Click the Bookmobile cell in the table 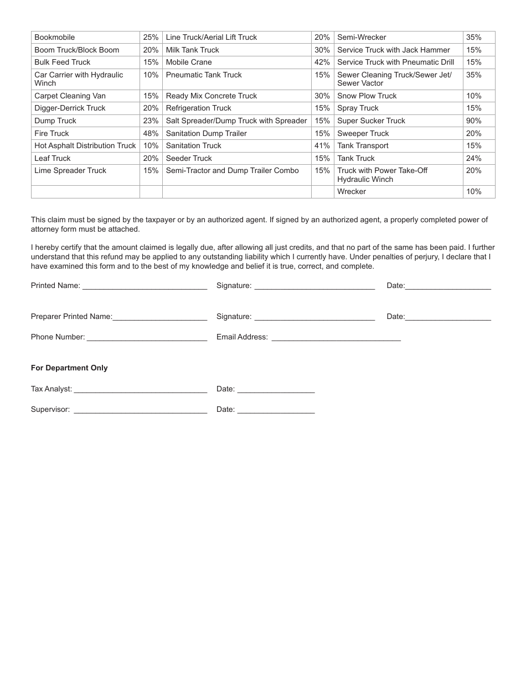[x=55, y=38]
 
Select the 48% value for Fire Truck [x=151, y=133]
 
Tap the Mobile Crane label [x=189, y=62]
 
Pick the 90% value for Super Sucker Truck [x=473, y=121]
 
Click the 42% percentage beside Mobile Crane [x=322, y=62]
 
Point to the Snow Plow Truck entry [x=367, y=96]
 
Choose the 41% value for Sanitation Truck [x=322, y=146]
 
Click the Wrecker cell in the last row [x=352, y=192]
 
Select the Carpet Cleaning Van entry [x=70, y=96]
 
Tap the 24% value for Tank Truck [x=473, y=159]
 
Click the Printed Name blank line [x=145, y=287]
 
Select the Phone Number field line [x=147, y=338]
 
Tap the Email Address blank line [x=336, y=338]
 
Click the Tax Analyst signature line [x=140, y=390]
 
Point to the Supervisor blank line [x=140, y=411]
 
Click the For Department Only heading [x=69, y=368]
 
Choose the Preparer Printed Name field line [x=159, y=318]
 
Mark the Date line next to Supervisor [x=276, y=411]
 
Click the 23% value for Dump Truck [x=151, y=121]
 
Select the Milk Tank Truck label [x=193, y=50]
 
